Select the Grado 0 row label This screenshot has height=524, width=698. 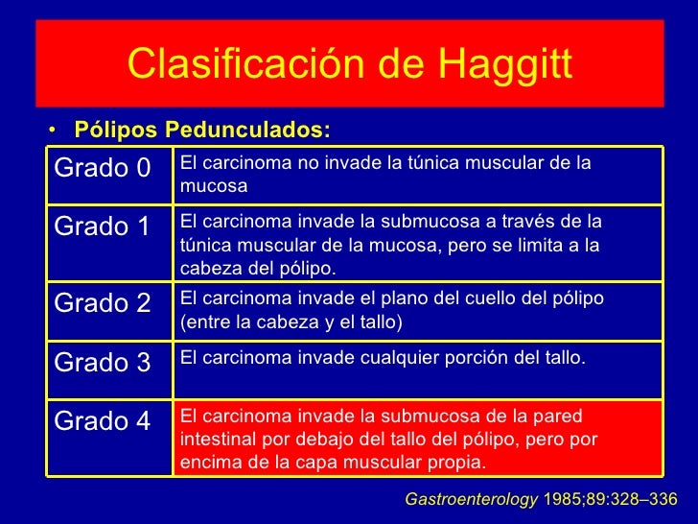tap(103, 168)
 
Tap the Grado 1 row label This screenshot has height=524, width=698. tap(103, 226)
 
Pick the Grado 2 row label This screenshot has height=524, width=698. tap(103, 303)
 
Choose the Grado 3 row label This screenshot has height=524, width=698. tap(103, 363)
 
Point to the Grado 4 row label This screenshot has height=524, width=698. tap(103, 421)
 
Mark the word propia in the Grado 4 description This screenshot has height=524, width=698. tap(458, 462)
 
